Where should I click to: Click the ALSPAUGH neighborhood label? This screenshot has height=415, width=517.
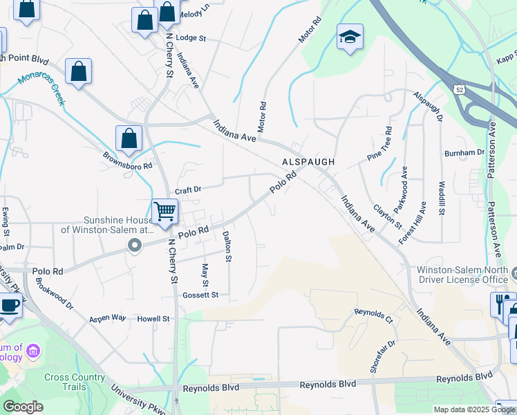click(308, 161)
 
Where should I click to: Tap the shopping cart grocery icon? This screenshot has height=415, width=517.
click(164, 210)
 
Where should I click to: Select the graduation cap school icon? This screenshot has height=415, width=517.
click(350, 36)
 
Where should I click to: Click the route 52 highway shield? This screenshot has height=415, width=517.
click(460, 90)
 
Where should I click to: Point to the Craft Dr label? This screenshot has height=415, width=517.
click(187, 190)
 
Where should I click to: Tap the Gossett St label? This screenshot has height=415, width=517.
click(200, 295)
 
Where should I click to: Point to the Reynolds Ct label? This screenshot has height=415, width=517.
click(373, 316)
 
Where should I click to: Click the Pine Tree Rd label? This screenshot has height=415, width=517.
click(379, 144)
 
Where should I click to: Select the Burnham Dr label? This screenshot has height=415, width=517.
click(464, 152)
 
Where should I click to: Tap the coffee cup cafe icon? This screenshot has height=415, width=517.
click(9, 305)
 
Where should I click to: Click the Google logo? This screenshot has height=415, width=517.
click(23, 407)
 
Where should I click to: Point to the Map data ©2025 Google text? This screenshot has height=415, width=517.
click(473, 409)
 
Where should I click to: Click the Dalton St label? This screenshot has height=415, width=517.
click(227, 246)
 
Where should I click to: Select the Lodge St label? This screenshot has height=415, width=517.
click(191, 38)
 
